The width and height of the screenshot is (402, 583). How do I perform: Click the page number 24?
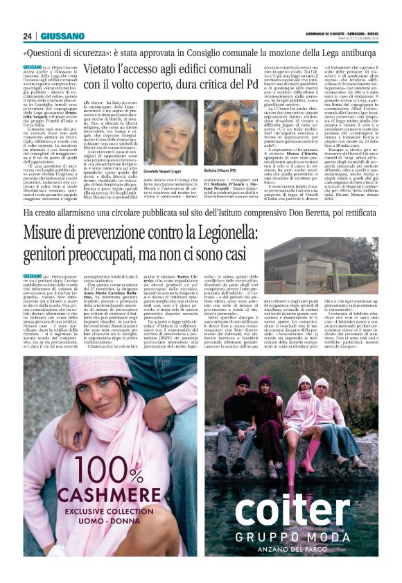28,36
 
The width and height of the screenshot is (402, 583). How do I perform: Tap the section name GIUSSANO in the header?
62,36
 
